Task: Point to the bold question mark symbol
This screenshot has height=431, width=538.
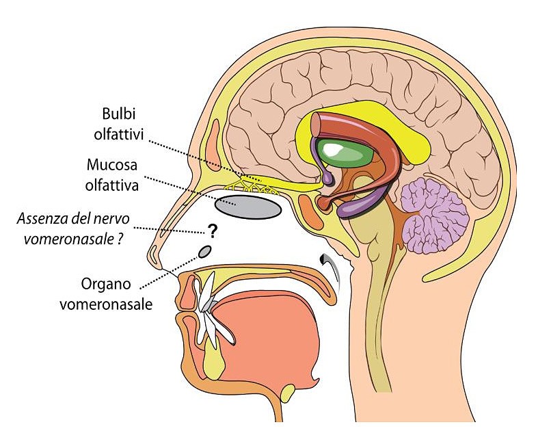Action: click(213, 231)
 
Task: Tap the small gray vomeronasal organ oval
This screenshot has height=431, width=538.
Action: click(204, 252)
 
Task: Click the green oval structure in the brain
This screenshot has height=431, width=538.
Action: click(345, 152)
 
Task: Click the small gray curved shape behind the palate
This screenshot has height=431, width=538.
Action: click(332, 264)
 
